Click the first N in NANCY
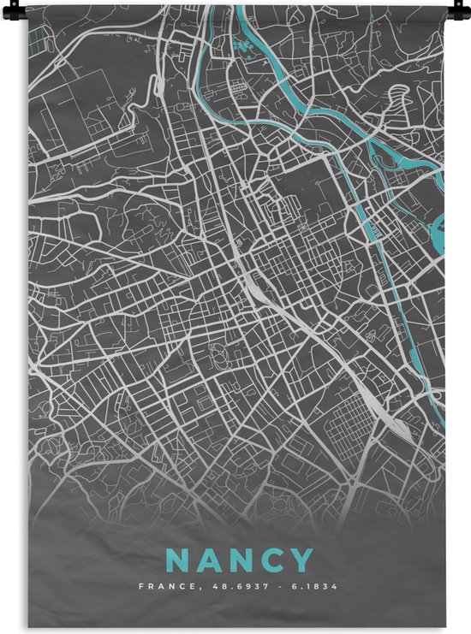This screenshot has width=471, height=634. click(x=175, y=561)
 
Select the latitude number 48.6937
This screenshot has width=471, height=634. click(x=226, y=587)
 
